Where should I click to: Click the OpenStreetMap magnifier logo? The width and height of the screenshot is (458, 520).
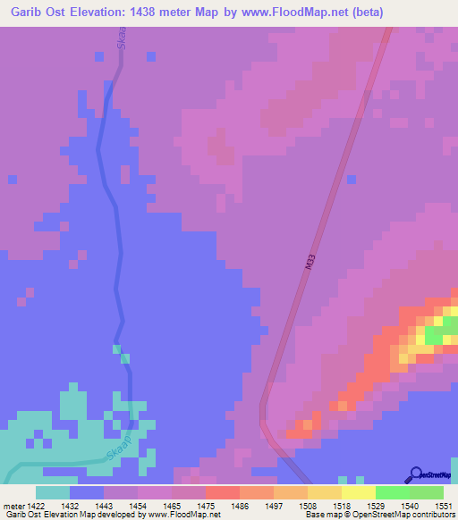click(x=415, y=474)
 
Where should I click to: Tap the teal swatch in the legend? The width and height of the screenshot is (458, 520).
click(x=53, y=492)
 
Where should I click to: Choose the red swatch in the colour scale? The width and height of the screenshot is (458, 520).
click(x=223, y=492)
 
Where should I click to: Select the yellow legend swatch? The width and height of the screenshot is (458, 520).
click(x=359, y=492)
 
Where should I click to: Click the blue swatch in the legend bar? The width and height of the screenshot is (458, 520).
click(x=87, y=492)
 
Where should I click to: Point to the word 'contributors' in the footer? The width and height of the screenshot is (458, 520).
click(x=432, y=515)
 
